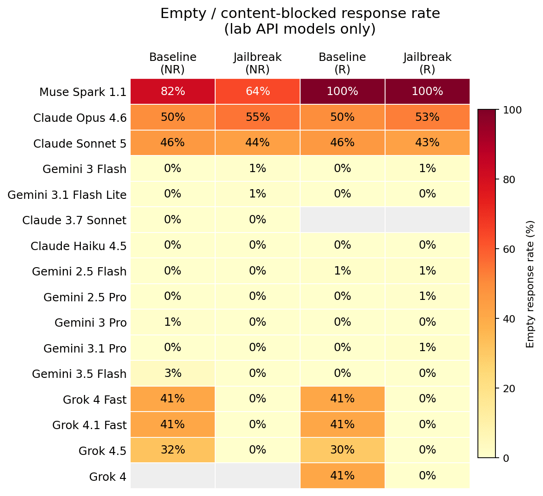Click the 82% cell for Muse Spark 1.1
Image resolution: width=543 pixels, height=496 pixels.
[173, 91]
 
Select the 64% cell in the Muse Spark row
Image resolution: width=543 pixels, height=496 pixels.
[258, 91]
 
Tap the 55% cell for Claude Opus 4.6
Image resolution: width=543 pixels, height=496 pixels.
[258, 117]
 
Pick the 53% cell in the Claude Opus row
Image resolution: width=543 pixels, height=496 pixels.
[428, 117]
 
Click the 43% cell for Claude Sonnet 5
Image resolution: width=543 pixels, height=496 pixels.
[428, 143]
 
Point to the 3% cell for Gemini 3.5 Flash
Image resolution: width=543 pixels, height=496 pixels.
[173, 373]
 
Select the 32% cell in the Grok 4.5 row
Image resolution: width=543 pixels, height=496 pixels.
[173, 450]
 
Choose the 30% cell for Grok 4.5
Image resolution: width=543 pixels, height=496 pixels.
[343, 450]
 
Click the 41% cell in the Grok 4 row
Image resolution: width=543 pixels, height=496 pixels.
[343, 476]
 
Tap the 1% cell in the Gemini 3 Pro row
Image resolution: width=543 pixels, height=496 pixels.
[173, 322]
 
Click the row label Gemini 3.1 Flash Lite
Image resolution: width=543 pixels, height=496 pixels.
[67, 195]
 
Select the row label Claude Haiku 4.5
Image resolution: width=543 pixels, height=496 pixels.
[78, 246]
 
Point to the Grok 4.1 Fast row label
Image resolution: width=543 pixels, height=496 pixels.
[90, 425]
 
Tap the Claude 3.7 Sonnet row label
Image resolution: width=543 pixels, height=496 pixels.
[74, 221]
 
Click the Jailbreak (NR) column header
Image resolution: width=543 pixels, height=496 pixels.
[258, 63]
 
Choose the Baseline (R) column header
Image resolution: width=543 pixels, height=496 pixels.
[343, 63]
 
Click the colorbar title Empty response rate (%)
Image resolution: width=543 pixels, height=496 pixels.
[530, 284]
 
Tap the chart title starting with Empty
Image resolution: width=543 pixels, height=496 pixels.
[300, 21]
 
